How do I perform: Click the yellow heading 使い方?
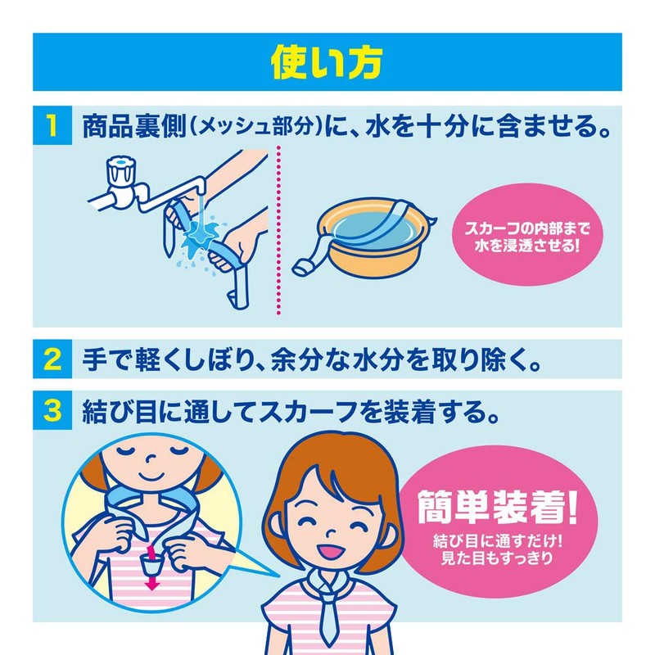[327, 61]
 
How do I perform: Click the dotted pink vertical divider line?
[279, 229]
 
